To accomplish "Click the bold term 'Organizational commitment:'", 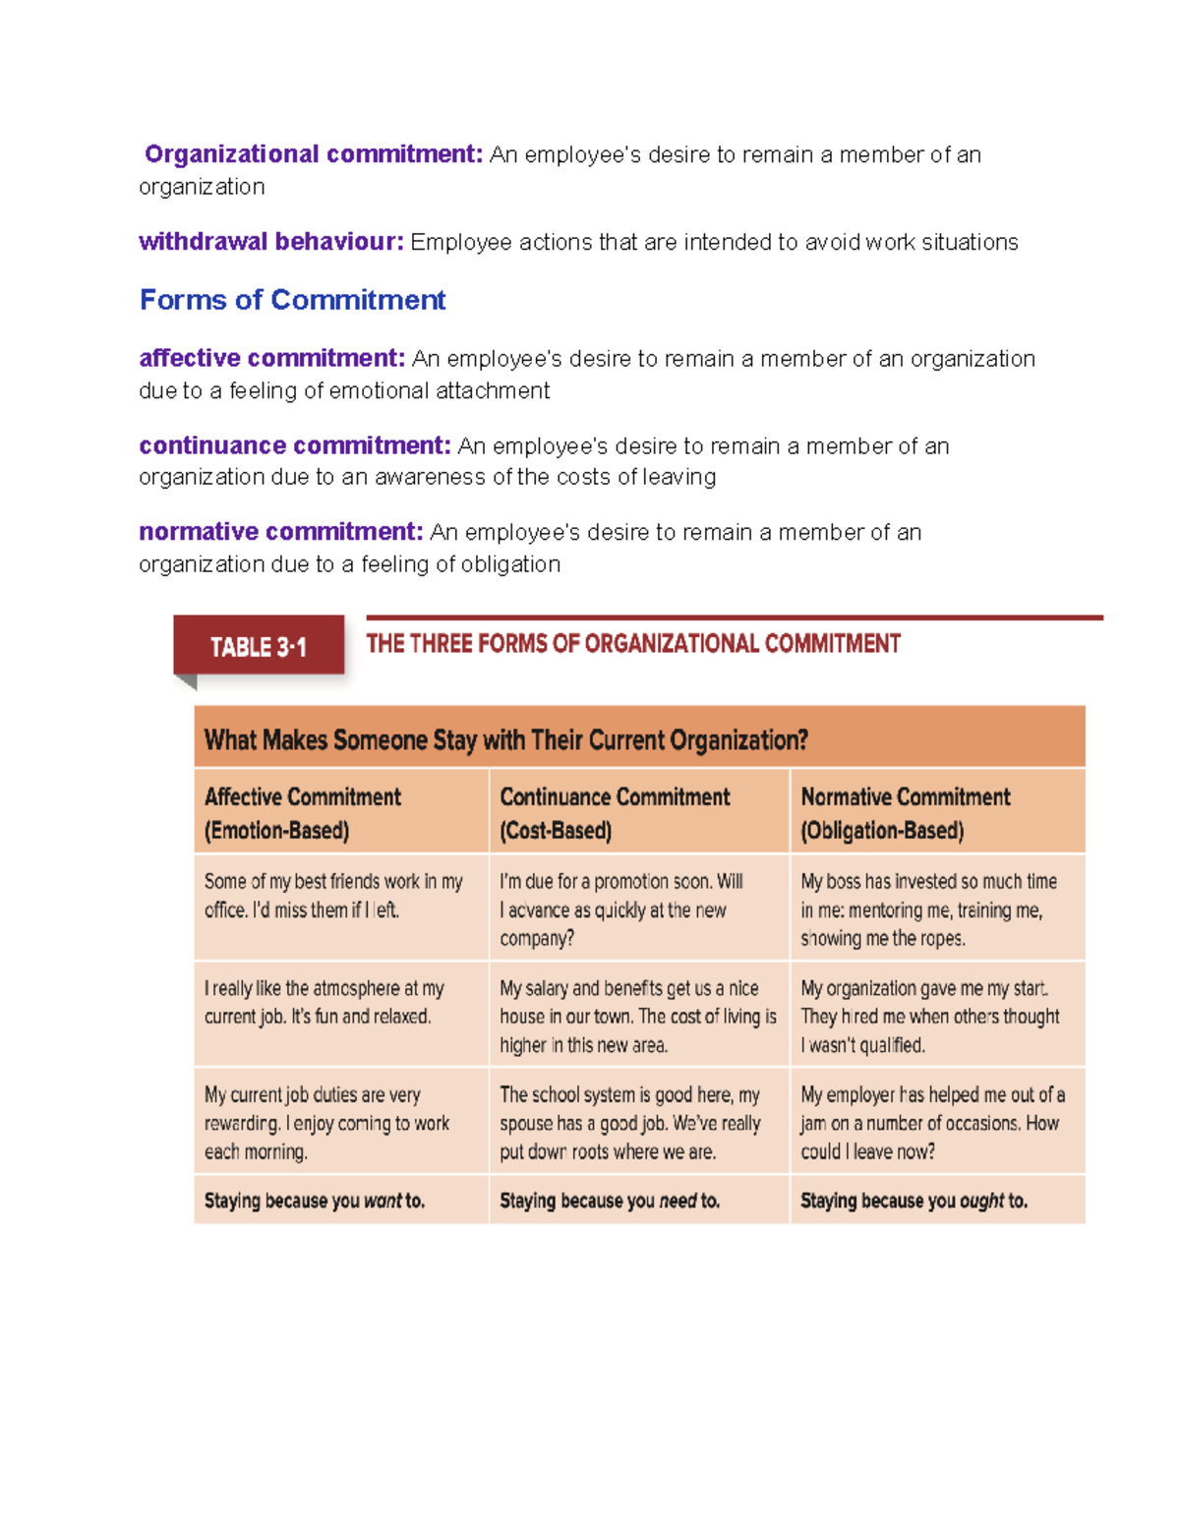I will click(313, 154).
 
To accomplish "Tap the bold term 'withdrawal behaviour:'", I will click(270, 242).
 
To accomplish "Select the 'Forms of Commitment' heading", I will click(292, 300).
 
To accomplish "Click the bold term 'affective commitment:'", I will click(271, 358).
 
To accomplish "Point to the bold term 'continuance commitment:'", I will click(294, 445).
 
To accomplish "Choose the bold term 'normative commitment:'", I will click(280, 532).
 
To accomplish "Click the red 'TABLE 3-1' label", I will click(258, 647).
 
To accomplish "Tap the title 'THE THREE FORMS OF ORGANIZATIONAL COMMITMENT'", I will click(632, 644).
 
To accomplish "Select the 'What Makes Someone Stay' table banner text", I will click(505, 739).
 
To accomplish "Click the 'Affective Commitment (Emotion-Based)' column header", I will click(303, 813).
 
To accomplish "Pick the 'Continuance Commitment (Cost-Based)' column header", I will click(615, 813).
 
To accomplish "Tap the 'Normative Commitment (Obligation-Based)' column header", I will click(905, 813).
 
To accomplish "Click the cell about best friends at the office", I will click(333, 896).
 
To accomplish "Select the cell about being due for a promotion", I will click(621, 910).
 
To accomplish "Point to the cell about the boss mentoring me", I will click(928, 910).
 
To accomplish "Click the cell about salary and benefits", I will click(637, 1016).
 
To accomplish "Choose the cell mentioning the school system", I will click(630, 1123).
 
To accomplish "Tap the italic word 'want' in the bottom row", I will click(383, 1201).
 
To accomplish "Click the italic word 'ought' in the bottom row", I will click(981, 1201).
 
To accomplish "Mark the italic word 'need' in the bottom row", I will click(678, 1201).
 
